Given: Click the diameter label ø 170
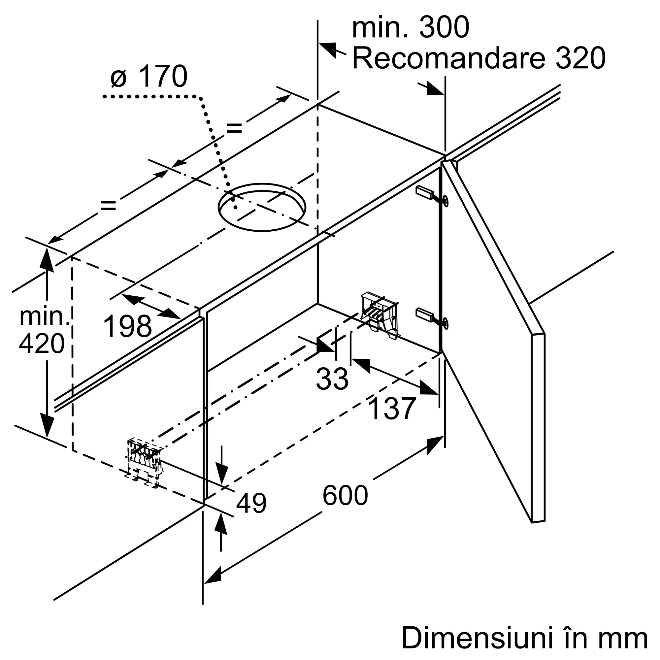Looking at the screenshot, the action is (x=149, y=77).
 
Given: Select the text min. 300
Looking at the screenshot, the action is (x=410, y=28).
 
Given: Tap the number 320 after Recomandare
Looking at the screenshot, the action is (x=580, y=58).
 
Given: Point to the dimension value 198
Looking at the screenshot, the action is (x=127, y=327).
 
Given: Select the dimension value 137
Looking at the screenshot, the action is (x=392, y=409).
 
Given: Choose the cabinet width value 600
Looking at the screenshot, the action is (x=345, y=495).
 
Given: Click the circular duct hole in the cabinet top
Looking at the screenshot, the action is (x=262, y=207).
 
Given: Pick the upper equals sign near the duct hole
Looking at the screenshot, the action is (x=234, y=128).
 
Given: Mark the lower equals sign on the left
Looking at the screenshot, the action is (x=108, y=205).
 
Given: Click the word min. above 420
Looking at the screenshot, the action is (x=45, y=317).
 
